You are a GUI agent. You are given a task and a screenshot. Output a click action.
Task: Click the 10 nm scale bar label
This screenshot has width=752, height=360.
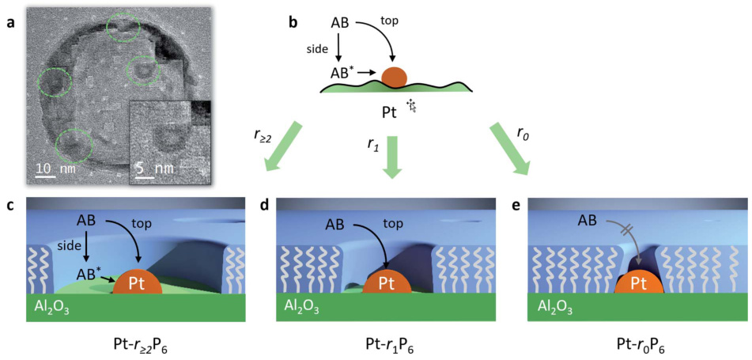tap(53, 168)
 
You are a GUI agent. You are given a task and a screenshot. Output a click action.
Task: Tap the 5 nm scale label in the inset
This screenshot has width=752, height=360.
tap(150, 168)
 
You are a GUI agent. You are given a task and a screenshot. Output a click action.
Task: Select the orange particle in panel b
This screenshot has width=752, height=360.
tap(394, 77)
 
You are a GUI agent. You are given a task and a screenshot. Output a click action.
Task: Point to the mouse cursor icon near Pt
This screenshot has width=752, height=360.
tap(411, 105)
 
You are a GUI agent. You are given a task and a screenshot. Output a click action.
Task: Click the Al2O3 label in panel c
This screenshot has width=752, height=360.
tap(50, 307)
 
